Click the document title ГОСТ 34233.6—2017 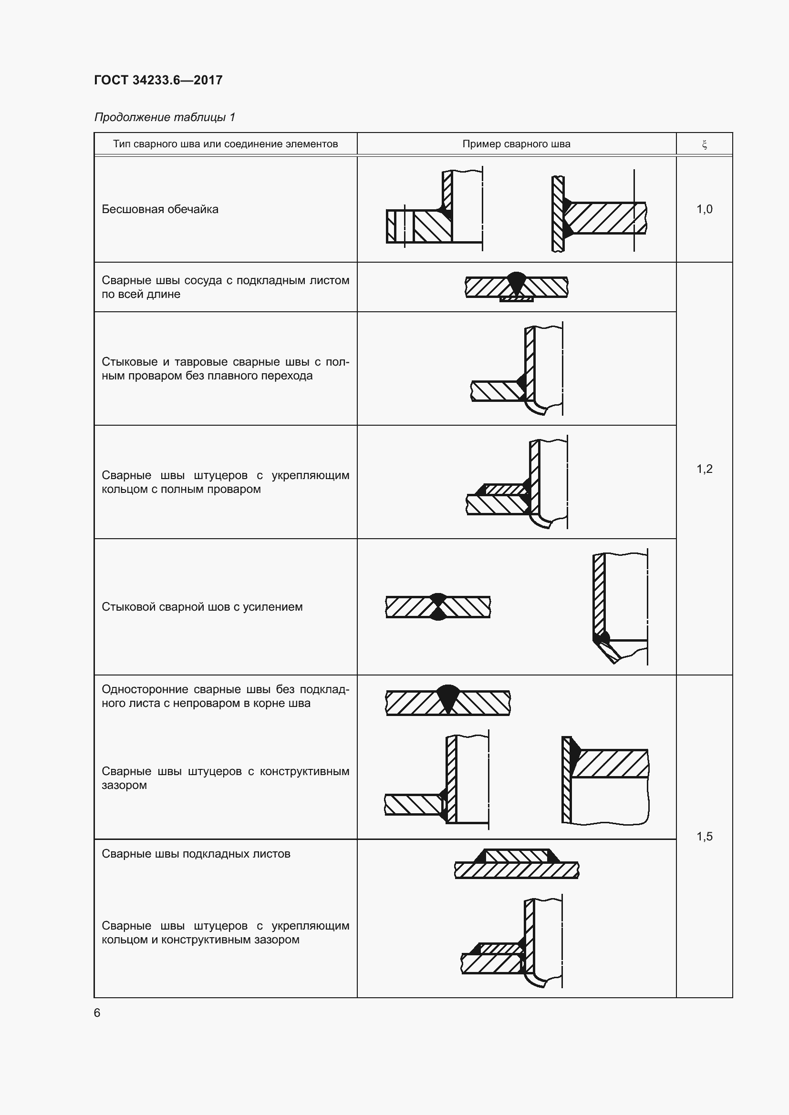[x=158, y=80]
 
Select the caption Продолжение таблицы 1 [x=164, y=117]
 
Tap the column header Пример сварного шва [x=516, y=144]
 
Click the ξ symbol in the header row [x=704, y=144]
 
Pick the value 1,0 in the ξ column [x=704, y=209]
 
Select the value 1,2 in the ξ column [x=704, y=469]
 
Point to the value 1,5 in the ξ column [x=704, y=836]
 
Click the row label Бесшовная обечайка [x=160, y=209]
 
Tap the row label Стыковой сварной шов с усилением [x=202, y=606]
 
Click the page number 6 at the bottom [x=97, y=1013]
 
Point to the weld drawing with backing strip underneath [x=516, y=287]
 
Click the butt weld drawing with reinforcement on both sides [x=438, y=606]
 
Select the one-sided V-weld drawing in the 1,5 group [x=447, y=701]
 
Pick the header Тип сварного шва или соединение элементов [x=225, y=144]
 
